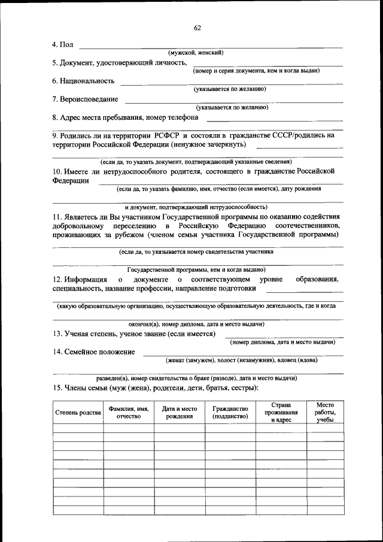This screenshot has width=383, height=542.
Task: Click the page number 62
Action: tap(197, 28)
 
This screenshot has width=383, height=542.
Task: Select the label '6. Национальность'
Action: tap(83, 81)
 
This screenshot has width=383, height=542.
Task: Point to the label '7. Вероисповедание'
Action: tap(85, 99)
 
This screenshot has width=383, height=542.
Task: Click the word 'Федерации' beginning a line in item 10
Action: tap(71, 180)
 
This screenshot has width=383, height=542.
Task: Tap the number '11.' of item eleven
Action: tap(58, 216)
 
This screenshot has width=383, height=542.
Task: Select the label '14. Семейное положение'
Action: tap(94, 352)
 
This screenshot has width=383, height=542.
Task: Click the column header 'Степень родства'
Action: tap(78, 413)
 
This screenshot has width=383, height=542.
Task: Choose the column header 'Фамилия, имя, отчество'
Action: tap(128, 413)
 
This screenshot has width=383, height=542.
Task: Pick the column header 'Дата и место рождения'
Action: tap(180, 413)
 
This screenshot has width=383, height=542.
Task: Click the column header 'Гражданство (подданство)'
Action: tap(230, 413)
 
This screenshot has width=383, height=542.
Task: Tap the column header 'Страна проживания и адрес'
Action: tap(281, 413)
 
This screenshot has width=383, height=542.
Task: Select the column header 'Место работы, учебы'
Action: tap(325, 413)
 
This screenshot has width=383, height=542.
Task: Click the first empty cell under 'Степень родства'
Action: tap(78, 428)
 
